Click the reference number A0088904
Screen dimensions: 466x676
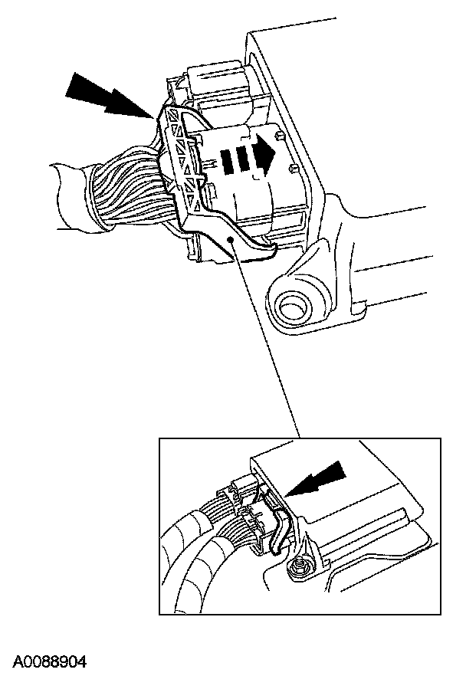[50, 661]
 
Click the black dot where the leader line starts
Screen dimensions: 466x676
[231, 240]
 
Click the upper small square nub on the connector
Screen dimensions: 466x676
[279, 136]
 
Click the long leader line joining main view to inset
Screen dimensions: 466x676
[265, 340]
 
